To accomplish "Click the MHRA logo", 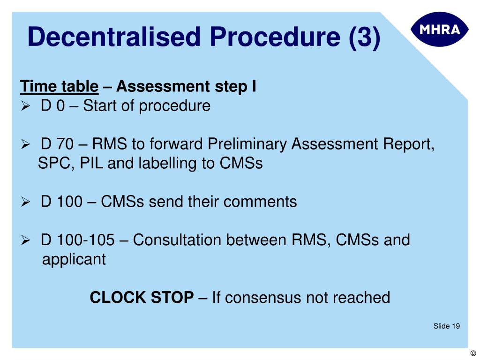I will (x=439, y=29).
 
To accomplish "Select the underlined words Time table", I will (x=59, y=87).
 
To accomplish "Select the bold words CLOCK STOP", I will (x=142, y=297).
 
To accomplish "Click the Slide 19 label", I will (x=446, y=326).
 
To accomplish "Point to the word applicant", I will (x=74, y=259).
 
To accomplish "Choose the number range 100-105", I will (x=86, y=240).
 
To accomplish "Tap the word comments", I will (x=260, y=202).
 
